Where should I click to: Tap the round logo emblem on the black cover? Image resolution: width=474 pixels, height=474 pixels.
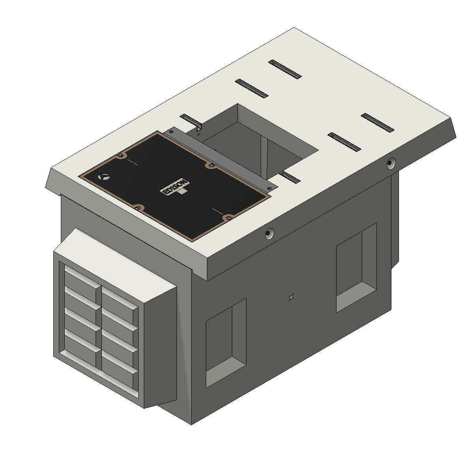tap(103, 177)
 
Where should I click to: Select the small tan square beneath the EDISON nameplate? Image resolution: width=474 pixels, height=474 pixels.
tap(182, 191)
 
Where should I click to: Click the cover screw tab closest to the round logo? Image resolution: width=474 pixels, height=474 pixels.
tap(120, 156)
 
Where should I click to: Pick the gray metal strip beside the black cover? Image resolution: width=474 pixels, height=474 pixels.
tap(220, 160)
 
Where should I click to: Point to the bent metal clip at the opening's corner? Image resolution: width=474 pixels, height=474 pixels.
tap(199, 128)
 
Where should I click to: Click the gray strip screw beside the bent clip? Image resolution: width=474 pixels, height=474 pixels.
tap(171, 132)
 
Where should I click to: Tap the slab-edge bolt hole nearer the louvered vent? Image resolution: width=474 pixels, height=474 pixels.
tap(270, 233)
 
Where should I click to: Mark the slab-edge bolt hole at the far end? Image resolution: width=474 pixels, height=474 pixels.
tap(391, 163)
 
